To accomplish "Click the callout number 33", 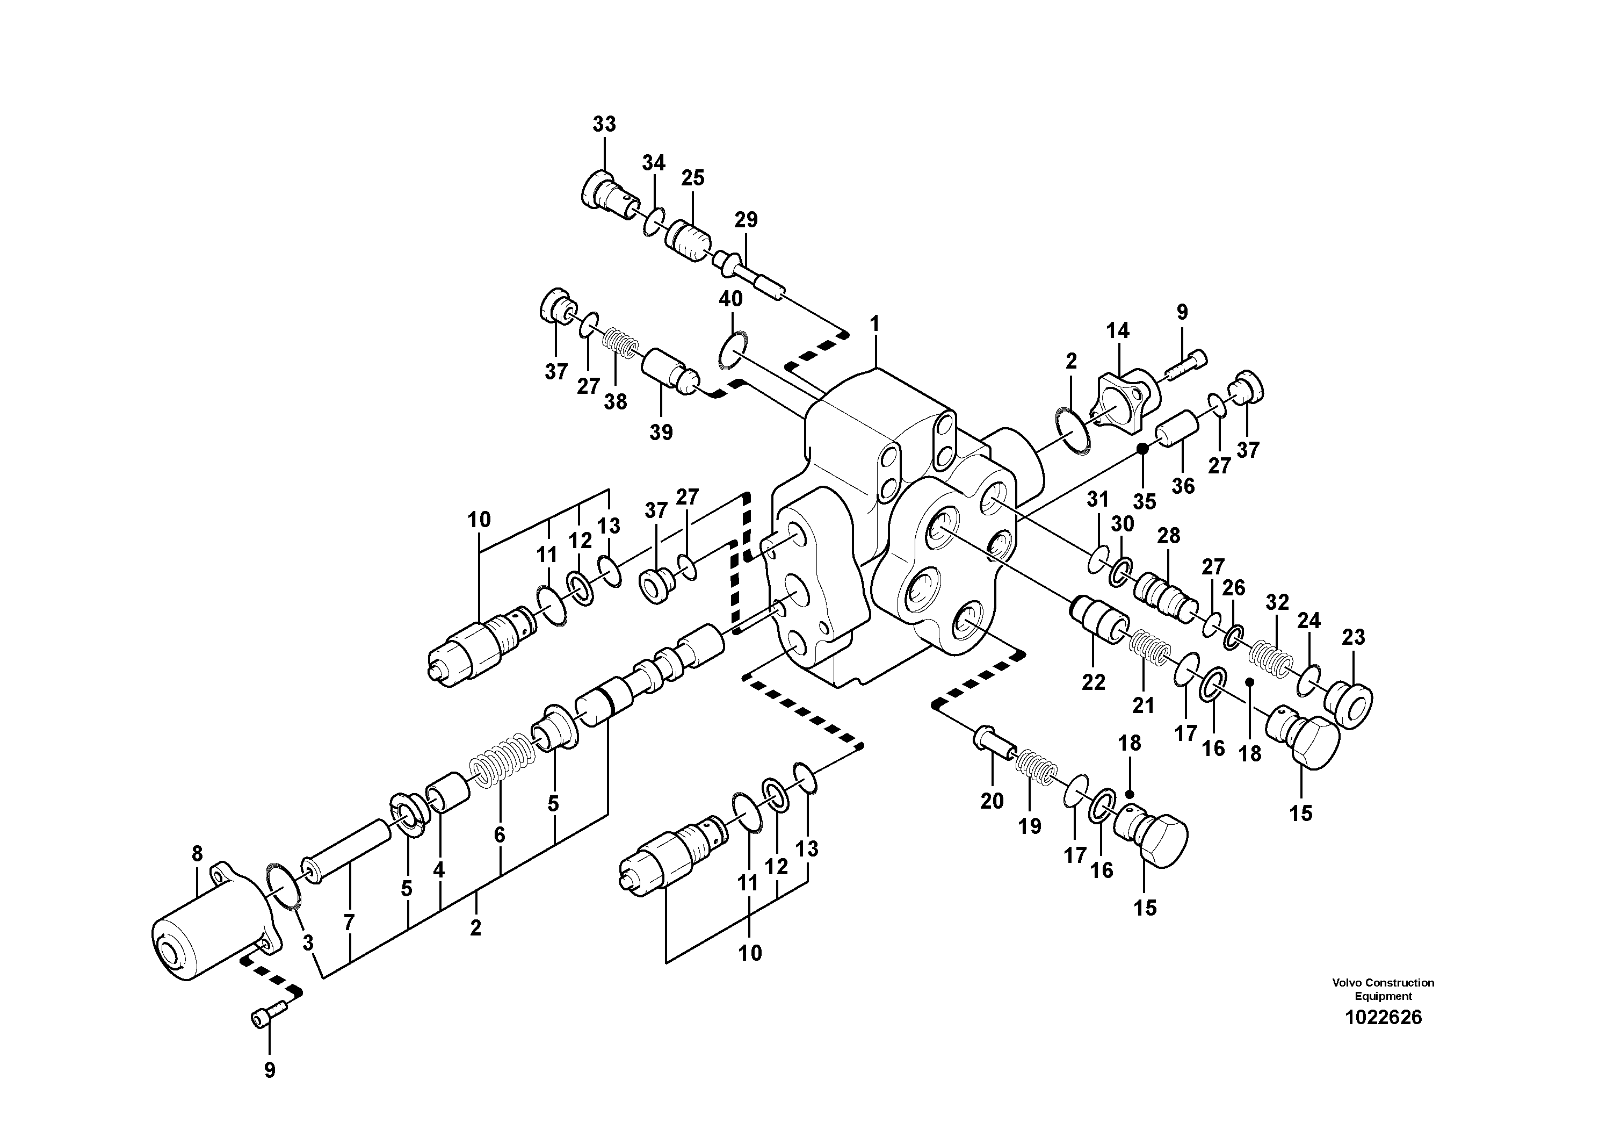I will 604,124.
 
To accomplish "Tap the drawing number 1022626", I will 1383,1018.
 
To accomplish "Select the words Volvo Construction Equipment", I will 1383,989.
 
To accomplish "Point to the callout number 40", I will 730,299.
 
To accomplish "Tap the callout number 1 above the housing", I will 875,324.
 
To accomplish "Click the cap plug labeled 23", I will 1349,707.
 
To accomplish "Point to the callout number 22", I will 1094,682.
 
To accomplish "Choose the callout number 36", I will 1183,486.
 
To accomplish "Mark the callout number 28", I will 1169,536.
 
